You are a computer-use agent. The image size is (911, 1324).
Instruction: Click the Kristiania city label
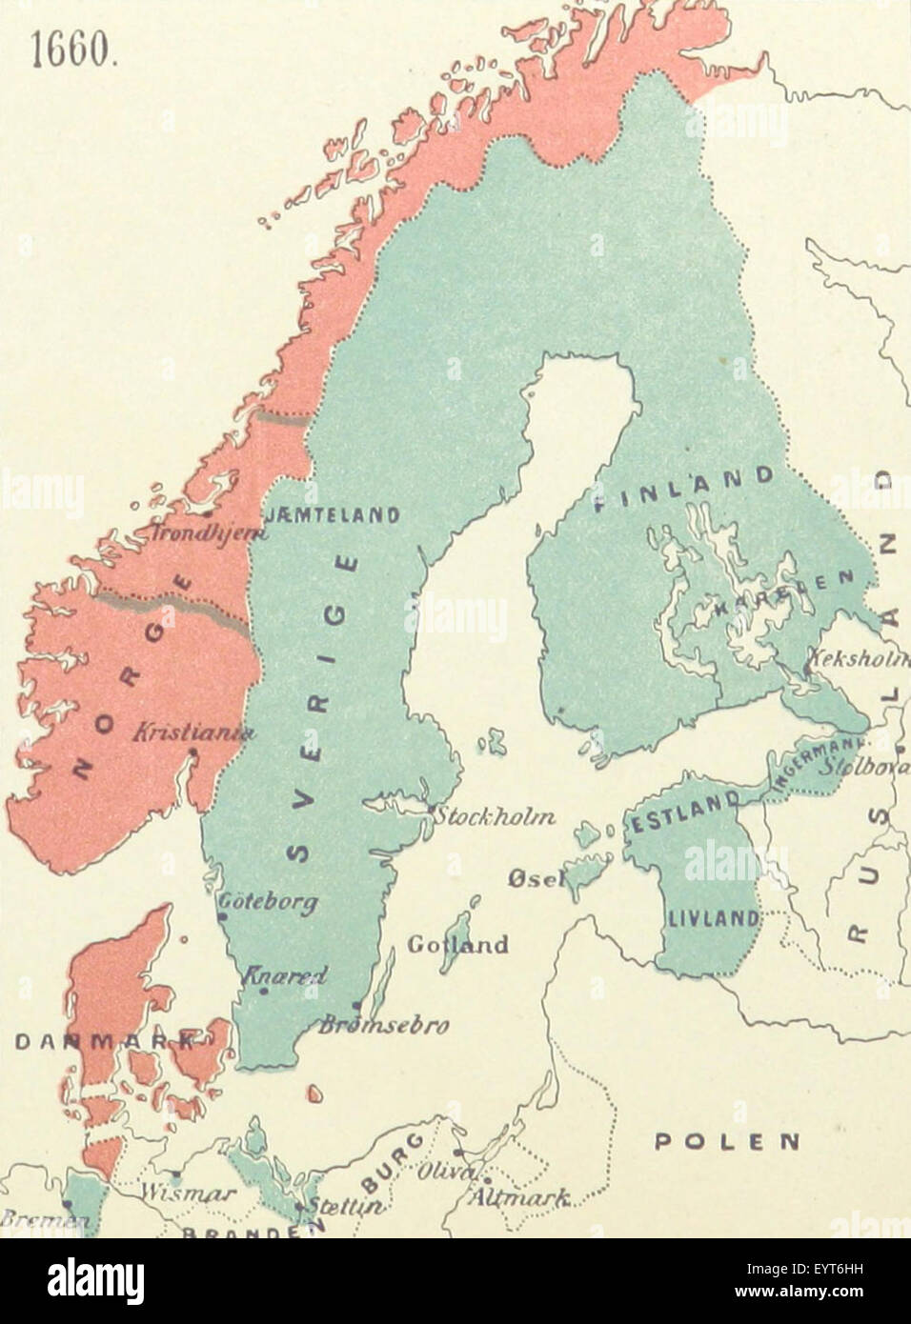[x=194, y=732]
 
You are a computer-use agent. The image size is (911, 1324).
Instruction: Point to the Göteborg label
[x=268, y=901]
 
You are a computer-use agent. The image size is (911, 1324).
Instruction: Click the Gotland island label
[x=457, y=945]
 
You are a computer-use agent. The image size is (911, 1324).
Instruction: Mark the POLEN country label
[x=726, y=1141]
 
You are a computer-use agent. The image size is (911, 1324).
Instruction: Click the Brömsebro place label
[x=383, y=1026]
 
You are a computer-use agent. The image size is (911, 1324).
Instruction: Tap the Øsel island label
[x=536, y=880]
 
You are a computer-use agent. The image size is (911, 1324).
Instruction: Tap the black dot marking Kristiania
[x=193, y=752]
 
